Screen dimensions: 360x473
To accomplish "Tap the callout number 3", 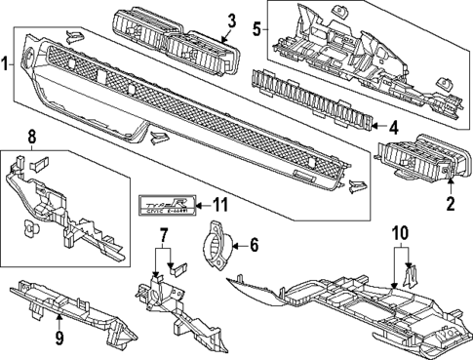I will point(231,19).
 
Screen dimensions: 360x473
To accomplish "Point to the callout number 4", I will point(392,127).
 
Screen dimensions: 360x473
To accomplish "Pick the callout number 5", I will point(256,28).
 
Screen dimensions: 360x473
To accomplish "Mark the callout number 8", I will point(31,138).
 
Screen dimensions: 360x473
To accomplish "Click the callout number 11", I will point(219,205).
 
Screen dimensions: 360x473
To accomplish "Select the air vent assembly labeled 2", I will point(414,158).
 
